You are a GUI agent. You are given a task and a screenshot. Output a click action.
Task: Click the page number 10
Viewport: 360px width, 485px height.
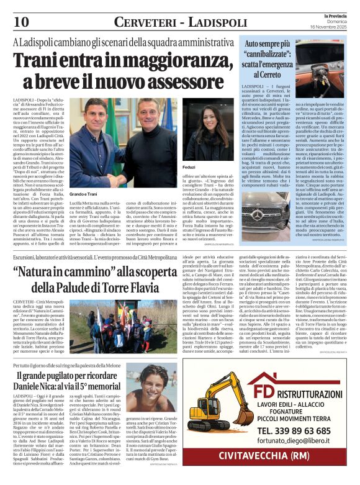click(20, 22)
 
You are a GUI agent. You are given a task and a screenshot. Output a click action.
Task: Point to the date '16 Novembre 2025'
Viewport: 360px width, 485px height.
click(334, 28)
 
